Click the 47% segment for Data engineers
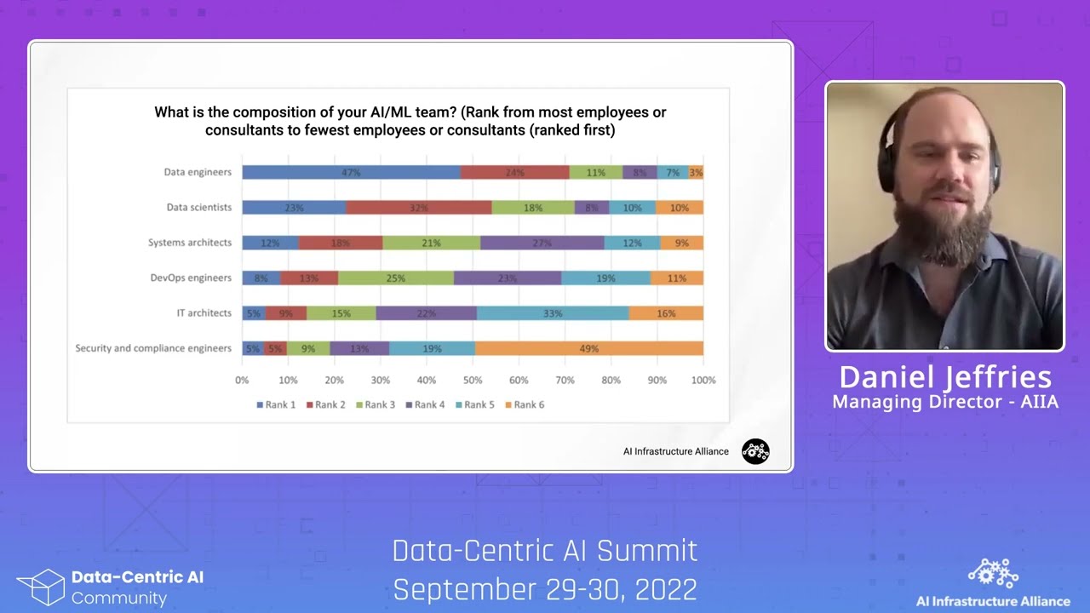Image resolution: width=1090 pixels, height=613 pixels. click(351, 172)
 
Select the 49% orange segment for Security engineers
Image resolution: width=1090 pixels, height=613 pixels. click(588, 348)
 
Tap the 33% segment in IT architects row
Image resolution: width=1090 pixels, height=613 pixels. click(553, 313)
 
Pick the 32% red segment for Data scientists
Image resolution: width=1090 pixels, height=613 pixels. click(419, 208)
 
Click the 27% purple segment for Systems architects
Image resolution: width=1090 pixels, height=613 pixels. click(542, 243)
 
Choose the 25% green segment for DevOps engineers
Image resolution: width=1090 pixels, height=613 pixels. click(396, 278)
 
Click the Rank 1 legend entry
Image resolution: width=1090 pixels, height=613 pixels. click(276, 404)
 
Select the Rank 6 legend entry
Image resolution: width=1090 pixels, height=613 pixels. click(525, 404)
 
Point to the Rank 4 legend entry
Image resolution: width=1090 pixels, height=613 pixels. click(425, 404)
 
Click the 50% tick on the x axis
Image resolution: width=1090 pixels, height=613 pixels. click(473, 380)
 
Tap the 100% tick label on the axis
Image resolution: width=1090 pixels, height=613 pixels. click(703, 380)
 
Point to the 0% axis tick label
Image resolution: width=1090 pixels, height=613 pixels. click(243, 380)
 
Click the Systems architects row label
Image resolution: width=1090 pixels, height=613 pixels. click(189, 243)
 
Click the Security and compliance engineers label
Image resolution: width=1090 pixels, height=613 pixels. click(153, 348)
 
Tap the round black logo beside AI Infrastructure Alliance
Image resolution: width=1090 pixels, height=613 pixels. click(755, 451)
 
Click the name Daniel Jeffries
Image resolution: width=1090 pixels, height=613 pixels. click(945, 377)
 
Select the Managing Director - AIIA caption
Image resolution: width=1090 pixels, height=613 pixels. click(945, 402)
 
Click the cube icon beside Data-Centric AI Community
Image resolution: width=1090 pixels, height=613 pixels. click(40, 587)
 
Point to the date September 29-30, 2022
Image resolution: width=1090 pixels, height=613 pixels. click(545, 589)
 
